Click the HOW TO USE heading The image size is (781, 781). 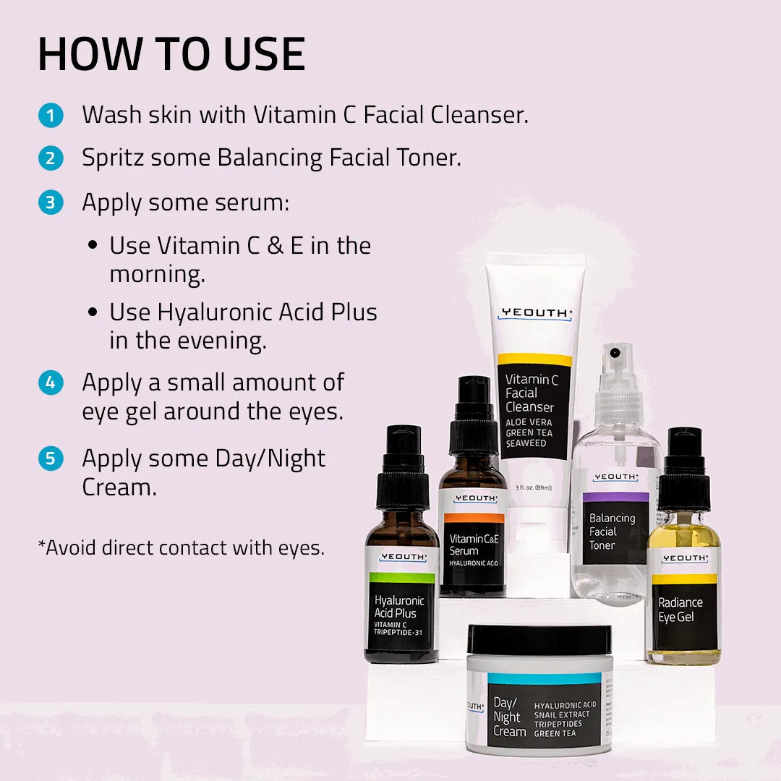pyautogui.click(x=171, y=54)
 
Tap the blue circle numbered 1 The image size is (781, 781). pyautogui.click(x=51, y=116)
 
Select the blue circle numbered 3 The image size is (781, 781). pyautogui.click(x=51, y=203)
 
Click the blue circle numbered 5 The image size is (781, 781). pyautogui.click(x=51, y=459)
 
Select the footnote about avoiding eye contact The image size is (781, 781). pyautogui.click(x=181, y=547)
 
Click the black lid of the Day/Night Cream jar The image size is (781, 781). pyautogui.click(x=539, y=640)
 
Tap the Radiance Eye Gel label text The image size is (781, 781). pyautogui.click(x=680, y=610)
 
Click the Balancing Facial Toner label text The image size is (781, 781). pyautogui.click(x=612, y=532)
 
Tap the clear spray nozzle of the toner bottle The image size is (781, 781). pyautogui.click(x=615, y=369)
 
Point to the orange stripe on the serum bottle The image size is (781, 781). pyautogui.click(x=474, y=518)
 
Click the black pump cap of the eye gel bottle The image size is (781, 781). pyautogui.click(x=684, y=470)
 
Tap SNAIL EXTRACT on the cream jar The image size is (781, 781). pyautogui.click(x=563, y=714)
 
